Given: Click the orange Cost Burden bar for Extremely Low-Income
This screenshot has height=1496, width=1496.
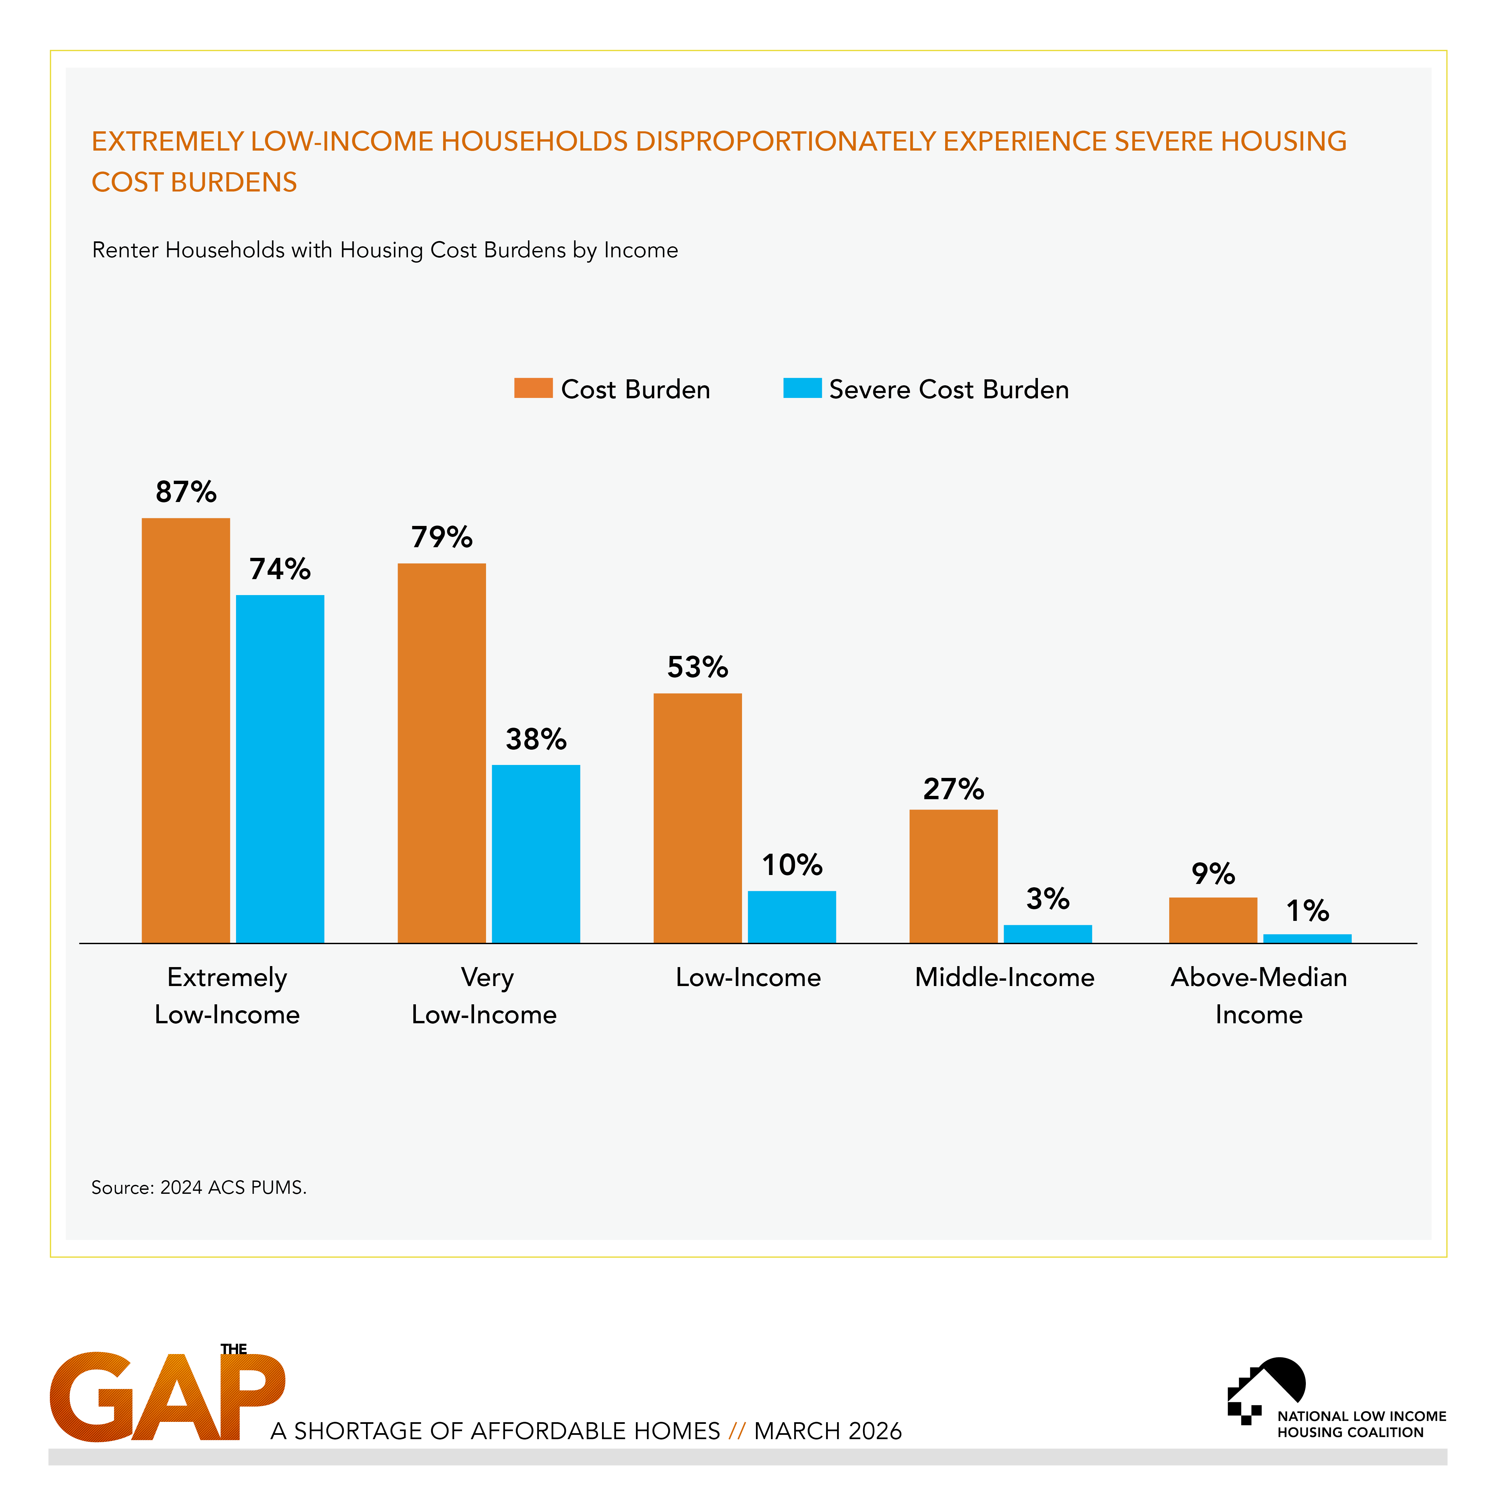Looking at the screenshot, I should [x=186, y=730].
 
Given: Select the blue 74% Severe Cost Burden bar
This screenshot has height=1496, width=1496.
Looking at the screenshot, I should [x=280, y=769].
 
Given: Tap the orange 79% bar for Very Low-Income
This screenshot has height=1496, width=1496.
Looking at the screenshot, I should [x=441, y=753].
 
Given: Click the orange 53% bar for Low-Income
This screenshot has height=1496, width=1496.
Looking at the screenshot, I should [x=697, y=818].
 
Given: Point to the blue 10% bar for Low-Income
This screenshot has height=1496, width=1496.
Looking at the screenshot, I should [x=791, y=917].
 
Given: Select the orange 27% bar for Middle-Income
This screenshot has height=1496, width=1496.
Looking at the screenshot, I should [x=953, y=876].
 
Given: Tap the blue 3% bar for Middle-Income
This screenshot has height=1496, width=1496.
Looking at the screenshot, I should [x=1048, y=934].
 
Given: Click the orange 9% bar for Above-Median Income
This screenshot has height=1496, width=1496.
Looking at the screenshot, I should [x=1213, y=920].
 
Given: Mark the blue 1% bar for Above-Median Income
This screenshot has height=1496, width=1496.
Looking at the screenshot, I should [x=1307, y=938].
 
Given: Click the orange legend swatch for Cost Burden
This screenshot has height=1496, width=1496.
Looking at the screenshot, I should [x=533, y=388].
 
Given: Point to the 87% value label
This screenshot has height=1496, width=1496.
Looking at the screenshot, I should [x=186, y=492].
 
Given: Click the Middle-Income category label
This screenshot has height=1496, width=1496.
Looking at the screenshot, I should [x=1004, y=977].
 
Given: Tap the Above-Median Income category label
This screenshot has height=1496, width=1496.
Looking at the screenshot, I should [x=1258, y=996].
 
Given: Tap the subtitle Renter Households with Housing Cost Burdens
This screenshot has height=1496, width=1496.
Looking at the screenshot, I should [x=385, y=250].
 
